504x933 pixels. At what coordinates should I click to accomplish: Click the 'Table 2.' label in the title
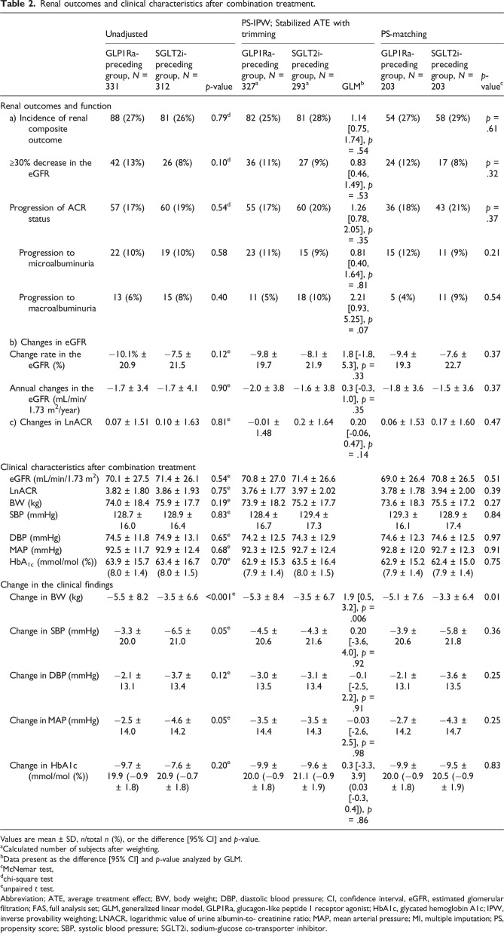click(17, 6)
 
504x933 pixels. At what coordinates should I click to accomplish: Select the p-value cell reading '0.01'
click(483, 625)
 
